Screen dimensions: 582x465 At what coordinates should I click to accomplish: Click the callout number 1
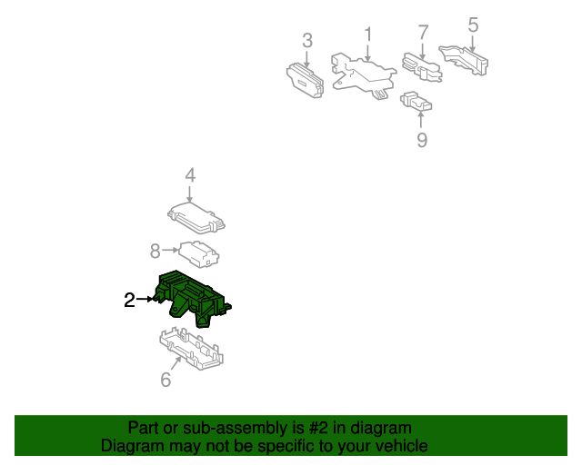(x=367, y=35)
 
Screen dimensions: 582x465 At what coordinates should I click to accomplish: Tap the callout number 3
(x=307, y=41)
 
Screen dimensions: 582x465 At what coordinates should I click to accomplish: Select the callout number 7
(x=423, y=33)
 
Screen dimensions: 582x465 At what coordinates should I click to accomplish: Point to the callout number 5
(x=473, y=25)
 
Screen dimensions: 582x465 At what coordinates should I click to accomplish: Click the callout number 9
(x=422, y=140)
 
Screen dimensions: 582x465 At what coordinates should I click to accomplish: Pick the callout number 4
(x=190, y=175)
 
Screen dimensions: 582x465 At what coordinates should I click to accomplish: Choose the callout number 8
(x=156, y=251)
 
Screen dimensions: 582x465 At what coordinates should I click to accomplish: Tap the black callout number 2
(x=129, y=300)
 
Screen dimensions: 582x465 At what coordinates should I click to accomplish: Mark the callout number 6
(x=166, y=380)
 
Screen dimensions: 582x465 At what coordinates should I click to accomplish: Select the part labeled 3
(x=305, y=81)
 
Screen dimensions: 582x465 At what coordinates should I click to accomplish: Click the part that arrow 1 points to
(x=364, y=75)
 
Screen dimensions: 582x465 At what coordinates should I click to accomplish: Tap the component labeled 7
(x=422, y=67)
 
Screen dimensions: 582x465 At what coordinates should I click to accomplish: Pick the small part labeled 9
(x=416, y=101)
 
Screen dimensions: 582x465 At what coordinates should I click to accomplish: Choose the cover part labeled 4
(x=196, y=218)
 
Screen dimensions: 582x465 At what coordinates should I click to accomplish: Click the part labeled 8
(x=198, y=254)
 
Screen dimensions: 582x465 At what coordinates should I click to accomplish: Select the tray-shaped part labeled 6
(x=191, y=349)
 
